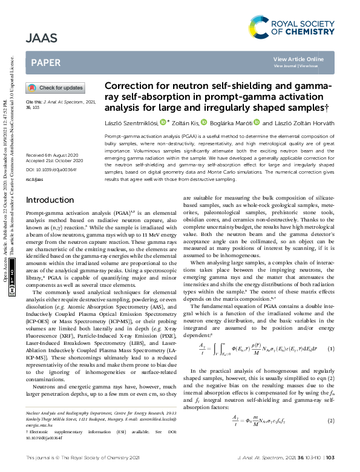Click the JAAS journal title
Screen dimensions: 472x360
tap(42, 38)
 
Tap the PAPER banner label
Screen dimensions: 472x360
tap(45, 62)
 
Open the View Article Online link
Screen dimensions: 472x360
tap(298, 59)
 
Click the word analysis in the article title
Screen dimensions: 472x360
tap(126, 108)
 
